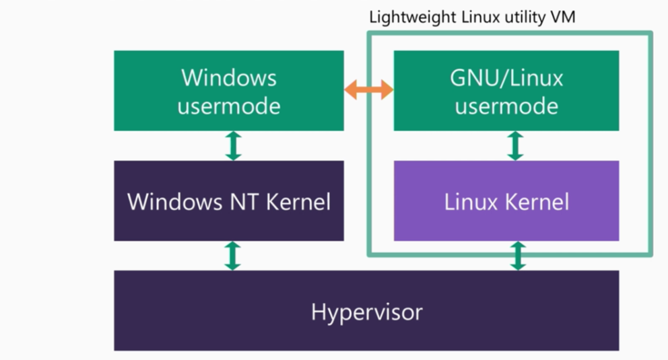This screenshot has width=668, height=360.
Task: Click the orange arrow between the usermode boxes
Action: coord(368,89)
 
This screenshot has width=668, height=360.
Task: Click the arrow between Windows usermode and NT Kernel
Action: coord(233,146)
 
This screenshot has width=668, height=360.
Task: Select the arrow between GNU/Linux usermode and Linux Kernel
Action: coord(515,146)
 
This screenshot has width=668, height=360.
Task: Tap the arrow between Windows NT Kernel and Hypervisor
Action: coord(233,256)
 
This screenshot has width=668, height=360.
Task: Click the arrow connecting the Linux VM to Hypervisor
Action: coord(517,256)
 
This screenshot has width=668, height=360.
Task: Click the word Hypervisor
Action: coord(367,312)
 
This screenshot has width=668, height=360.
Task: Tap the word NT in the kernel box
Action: coord(245,201)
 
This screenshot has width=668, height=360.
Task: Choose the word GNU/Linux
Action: coord(506,78)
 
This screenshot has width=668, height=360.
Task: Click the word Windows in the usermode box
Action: coord(229,78)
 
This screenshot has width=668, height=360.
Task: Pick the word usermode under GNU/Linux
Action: coord(506,106)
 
